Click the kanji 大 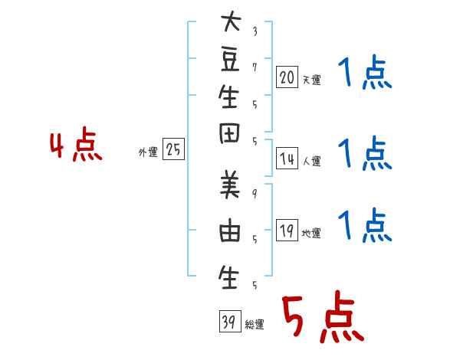pos(231,21)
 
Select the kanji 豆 pos(230,60)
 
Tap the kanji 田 pos(229,133)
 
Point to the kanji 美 pos(230,184)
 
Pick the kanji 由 pos(230,230)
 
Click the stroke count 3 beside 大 pos(255,31)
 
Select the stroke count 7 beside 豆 pos(255,67)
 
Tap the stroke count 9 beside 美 pos(255,194)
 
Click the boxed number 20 pos(287,77)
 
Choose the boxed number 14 pos(287,159)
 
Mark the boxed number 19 pos(287,231)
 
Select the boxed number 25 pos(173,149)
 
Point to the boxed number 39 pos(230,321)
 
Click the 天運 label pos(311,80)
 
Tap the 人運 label pos(311,161)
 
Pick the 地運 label pos(311,234)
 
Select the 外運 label pos(148,152)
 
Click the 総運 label pos(255,325)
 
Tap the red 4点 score pos(76,144)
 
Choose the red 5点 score pos(323,316)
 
